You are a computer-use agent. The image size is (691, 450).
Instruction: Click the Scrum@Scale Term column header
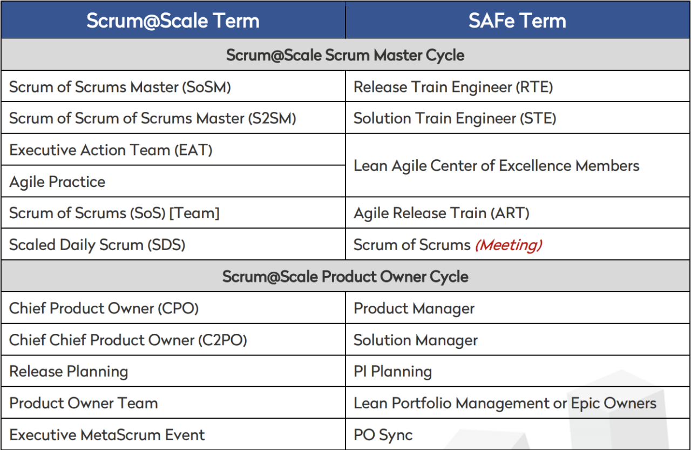(173, 21)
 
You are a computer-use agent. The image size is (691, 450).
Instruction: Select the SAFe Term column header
(517, 21)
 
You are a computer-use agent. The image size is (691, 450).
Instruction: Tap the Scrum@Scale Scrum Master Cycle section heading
(345, 55)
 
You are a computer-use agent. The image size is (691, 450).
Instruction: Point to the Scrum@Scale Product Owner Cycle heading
(345, 277)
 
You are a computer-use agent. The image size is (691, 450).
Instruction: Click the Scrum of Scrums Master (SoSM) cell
(120, 87)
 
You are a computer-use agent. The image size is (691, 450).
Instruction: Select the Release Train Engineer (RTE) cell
(453, 87)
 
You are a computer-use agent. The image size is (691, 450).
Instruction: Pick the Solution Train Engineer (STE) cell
(455, 118)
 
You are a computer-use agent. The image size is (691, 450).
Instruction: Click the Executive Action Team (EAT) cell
(111, 150)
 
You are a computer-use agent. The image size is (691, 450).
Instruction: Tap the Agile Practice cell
(57, 182)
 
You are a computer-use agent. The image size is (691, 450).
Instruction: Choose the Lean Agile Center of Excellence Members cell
(496, 166)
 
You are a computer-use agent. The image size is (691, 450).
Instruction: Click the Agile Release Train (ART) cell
(441, 213)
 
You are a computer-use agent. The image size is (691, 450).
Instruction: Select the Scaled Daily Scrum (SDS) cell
(97, 245)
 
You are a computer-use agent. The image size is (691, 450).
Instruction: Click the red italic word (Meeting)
(508, 245)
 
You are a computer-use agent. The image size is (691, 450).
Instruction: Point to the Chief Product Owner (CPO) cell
(104, 308)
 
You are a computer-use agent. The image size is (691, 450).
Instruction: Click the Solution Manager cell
(415, 340)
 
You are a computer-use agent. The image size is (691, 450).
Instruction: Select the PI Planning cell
(392, 372)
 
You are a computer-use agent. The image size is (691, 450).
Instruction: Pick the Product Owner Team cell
(84, 403)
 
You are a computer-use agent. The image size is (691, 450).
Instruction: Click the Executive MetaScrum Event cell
(107, 435)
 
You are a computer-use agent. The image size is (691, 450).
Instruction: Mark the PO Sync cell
(383, 435)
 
